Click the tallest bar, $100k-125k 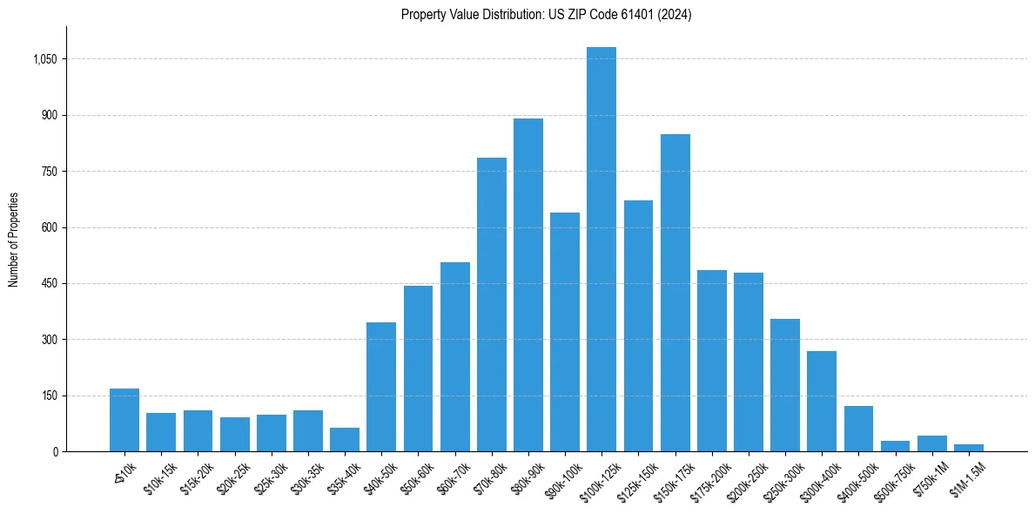click(x=602, y=249)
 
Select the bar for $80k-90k click(x=528, y=285)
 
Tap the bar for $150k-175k click(x=675, y=293)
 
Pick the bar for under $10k click(x=124, y=420)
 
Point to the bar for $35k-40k click(x=345, y=440)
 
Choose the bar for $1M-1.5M click(x=968, y=448)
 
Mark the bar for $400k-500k click(x=858, y=429)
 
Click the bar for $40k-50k click(x=381, y=387)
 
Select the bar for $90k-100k click(x=565, y=332)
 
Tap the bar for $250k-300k click(x=785, y=385)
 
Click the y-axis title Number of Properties click(x=14, y=240)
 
